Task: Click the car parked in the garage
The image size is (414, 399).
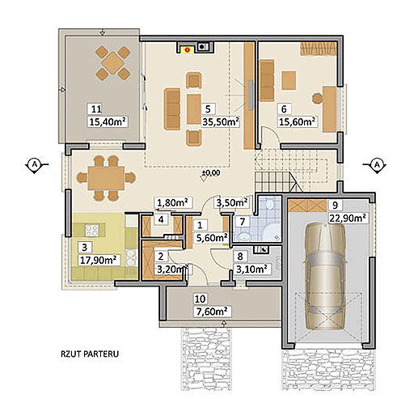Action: pos(325,276)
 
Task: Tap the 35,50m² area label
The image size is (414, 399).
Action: pos(221,122)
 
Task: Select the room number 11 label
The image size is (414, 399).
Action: pos(96,109)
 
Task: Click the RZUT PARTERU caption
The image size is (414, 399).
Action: pos(90,354)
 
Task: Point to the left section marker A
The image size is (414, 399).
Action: pos(35,164)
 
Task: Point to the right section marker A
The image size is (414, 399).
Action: pos(377,164)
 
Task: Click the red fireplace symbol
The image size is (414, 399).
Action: pos(188,50)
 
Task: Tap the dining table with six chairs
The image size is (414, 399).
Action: pos(106,178)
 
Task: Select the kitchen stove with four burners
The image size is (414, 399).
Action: pos(92,231)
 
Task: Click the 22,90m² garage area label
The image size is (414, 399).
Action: pos(348,218)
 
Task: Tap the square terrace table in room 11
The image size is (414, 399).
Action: pos(113,63)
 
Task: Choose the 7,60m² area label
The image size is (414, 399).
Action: pos(213,312)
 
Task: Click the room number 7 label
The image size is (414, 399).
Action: pos(243,222)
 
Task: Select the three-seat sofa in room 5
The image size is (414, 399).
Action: pos(172,109)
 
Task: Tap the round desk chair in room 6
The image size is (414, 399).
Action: pos(318,98)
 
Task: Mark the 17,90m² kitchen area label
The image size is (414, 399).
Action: pos(98,260)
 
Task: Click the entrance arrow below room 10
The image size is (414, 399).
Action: pos(223,324)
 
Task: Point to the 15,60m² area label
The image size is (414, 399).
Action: pos(297,122)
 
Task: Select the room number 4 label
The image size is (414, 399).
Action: pos(161,219)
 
